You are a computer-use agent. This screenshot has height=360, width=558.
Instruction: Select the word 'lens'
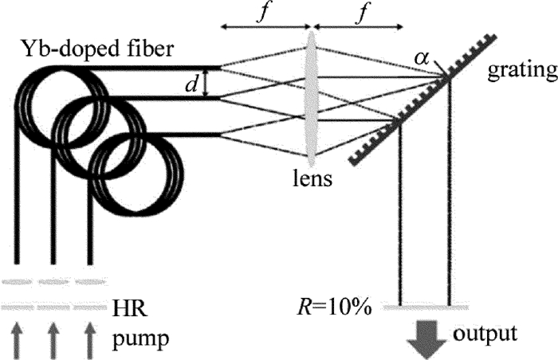click(x=311, y=179)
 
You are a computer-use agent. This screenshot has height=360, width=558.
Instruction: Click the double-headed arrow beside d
click(x=206, y=84)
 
